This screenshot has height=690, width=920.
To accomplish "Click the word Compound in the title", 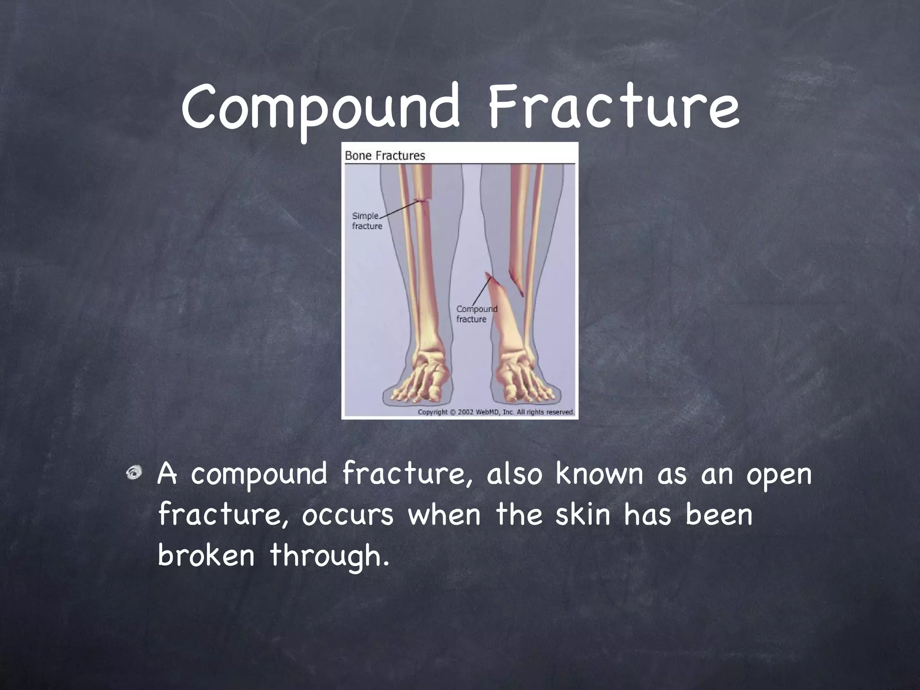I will click(x=320, y=108).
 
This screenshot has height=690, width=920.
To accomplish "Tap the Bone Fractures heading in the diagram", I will click(x=385, y=156).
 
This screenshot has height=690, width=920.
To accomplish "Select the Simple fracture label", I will click(x=367, y=221).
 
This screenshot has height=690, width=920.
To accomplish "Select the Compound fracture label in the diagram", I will click(x=476, y=314).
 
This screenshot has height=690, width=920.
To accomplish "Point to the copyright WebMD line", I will click(x=496, y=412).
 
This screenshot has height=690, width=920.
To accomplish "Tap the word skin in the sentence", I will click(x=583, y=515).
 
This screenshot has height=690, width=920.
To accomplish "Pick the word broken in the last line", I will click(x=206, y=555).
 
